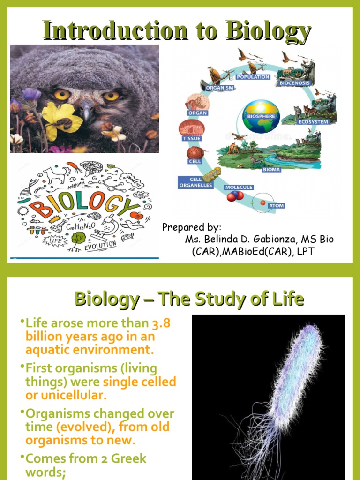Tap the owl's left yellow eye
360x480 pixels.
[x=62, y=94]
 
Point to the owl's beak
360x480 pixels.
[x=86, y=111]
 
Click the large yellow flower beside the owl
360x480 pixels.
[x=61, y=119]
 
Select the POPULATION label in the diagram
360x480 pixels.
[x=253, y=77]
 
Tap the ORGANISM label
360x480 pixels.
[x=217, y=87]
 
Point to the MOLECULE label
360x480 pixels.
[x=239, y=187]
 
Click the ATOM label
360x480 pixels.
[x=276, y=205]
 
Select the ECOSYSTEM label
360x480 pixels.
[x=314, y=122]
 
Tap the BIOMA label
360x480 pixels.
[x=271, y=169]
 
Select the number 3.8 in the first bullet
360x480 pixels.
[x=163, y=323]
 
